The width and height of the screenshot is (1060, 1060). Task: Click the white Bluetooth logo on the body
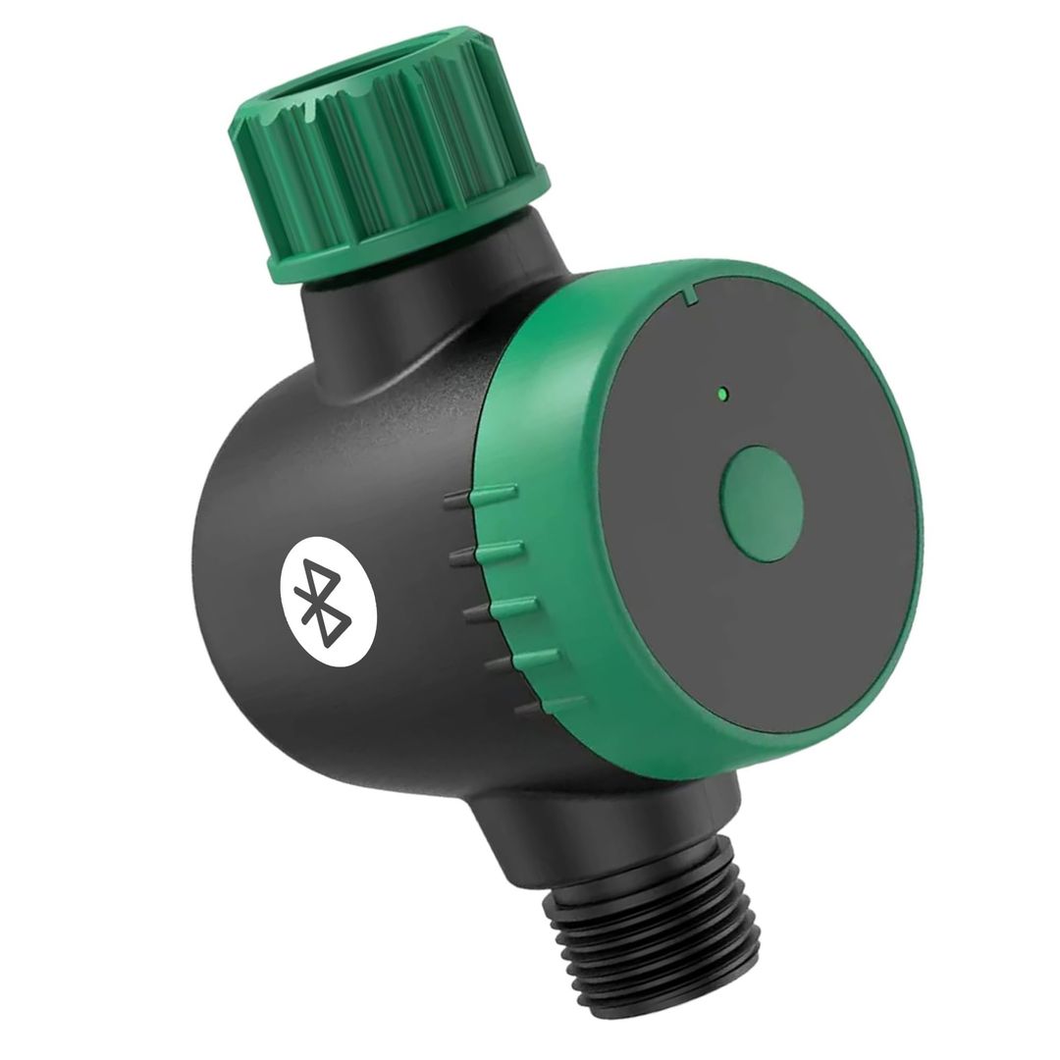click(x=328, y=606)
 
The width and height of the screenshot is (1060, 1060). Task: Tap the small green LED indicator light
click(x=721, y=395)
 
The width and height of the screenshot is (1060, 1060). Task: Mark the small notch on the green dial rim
click(x=691, y=291)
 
